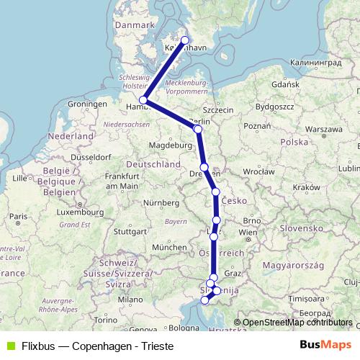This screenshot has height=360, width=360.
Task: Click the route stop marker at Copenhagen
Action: click(185, 40)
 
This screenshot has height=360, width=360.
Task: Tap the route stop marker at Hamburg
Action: click(144, 100)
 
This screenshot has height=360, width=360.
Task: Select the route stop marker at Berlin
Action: click(198, 129)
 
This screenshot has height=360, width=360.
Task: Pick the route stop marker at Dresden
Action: click(204, 167)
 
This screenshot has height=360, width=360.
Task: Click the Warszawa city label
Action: click(323, 128)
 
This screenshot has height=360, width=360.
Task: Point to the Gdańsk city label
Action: click(286, 84)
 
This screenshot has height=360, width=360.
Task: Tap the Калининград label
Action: click(316, 63)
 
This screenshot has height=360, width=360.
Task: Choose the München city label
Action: click(170, 247)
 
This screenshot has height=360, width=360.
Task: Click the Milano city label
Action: click(131, 299)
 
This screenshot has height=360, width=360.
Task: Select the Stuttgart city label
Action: click(130, 232)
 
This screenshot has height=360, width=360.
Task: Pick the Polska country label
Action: click(294, 142)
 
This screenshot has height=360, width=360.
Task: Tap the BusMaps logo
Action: click(325, 344)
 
